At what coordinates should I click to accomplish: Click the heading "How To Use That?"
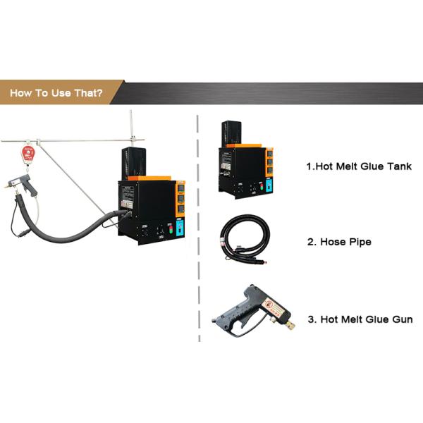pyautogui.click(x=55, y=93)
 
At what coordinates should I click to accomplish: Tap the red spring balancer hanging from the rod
pyautogui.click(x=28, y=154)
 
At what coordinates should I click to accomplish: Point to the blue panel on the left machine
pyautogui.click(x=179, y=227)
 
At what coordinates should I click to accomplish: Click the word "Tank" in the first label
pyautogui.click(x=397, y=167)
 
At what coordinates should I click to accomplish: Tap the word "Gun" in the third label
pyautogui.click(x=400, y=319)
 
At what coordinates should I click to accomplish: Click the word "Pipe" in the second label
pyautogui.click(x=360, y=242)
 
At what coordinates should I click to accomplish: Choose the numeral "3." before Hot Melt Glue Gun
pyautogui.click(x=312, y=319)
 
